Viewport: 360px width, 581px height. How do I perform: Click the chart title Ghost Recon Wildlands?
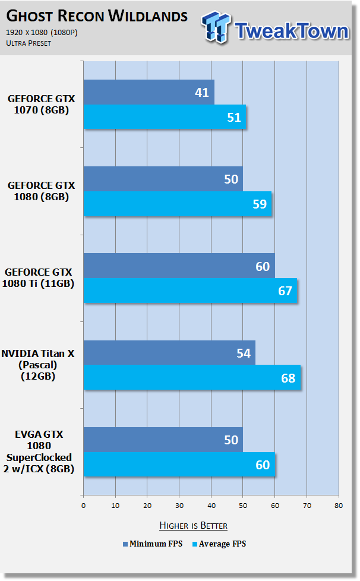coord(97,16)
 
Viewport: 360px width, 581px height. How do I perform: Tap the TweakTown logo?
coord(275,28)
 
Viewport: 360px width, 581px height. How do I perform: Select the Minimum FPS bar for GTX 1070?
coord(149,92)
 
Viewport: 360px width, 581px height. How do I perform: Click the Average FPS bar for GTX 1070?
coord(165,116)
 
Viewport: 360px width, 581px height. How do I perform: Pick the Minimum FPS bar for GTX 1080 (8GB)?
coord(163,179)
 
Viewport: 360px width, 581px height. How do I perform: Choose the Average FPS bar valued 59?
coord(178,204)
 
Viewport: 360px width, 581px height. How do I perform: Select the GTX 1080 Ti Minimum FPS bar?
coord(179,266)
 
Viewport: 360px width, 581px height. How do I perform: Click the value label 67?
coord(285,291)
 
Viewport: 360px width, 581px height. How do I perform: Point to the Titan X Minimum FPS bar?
coord(170,353)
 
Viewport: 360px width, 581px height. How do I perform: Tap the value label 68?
coord(288,378)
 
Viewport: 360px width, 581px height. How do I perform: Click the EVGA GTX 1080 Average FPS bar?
coord(179,465)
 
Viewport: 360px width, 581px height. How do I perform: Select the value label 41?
coord(202,92)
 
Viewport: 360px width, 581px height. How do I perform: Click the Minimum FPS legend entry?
coord(153,544)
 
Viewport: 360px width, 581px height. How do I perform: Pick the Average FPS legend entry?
coord(219,544)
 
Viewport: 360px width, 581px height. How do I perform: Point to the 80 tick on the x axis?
coord(339,506)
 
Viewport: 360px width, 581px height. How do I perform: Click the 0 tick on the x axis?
coord(83,506)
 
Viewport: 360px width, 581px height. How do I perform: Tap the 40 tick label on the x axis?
coord(211,506)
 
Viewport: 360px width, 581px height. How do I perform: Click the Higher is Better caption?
coord(193,525)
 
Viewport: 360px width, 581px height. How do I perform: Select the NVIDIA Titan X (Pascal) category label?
coord(38,365)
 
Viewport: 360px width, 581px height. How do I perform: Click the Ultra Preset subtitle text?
coord(29,43)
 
